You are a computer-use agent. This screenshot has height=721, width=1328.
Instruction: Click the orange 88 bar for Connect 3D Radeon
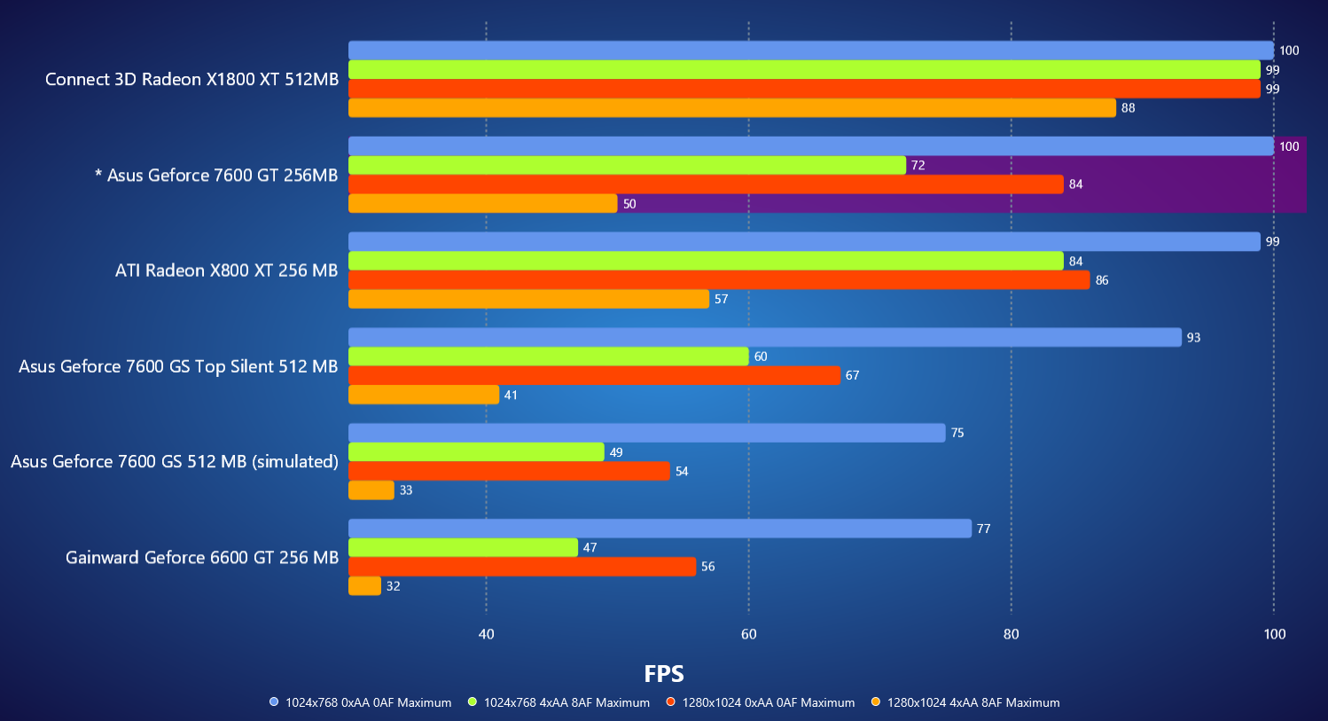731,108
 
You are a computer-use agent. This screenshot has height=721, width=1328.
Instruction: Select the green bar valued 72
627,165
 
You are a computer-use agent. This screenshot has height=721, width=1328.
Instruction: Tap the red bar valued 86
719,280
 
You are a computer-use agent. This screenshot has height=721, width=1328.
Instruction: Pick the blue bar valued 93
764,337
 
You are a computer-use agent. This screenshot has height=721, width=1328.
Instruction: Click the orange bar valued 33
371,490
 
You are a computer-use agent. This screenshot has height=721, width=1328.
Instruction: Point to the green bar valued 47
463,548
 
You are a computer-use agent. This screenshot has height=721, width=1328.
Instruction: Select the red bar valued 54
509,471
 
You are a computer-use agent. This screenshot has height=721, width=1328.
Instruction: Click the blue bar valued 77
660,529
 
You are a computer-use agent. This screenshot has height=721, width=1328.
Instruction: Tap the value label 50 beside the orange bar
629,204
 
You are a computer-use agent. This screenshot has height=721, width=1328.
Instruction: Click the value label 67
852,376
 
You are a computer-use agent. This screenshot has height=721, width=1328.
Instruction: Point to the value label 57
721,300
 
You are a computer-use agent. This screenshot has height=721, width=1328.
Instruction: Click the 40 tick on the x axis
486,634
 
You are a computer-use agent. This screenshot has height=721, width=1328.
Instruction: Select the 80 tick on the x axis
1011,634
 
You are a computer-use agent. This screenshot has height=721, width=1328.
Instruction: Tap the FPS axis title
664,674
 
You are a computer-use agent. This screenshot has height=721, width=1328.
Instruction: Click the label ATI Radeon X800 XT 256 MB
226,270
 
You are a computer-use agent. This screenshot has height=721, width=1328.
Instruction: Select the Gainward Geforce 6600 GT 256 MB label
202,558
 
